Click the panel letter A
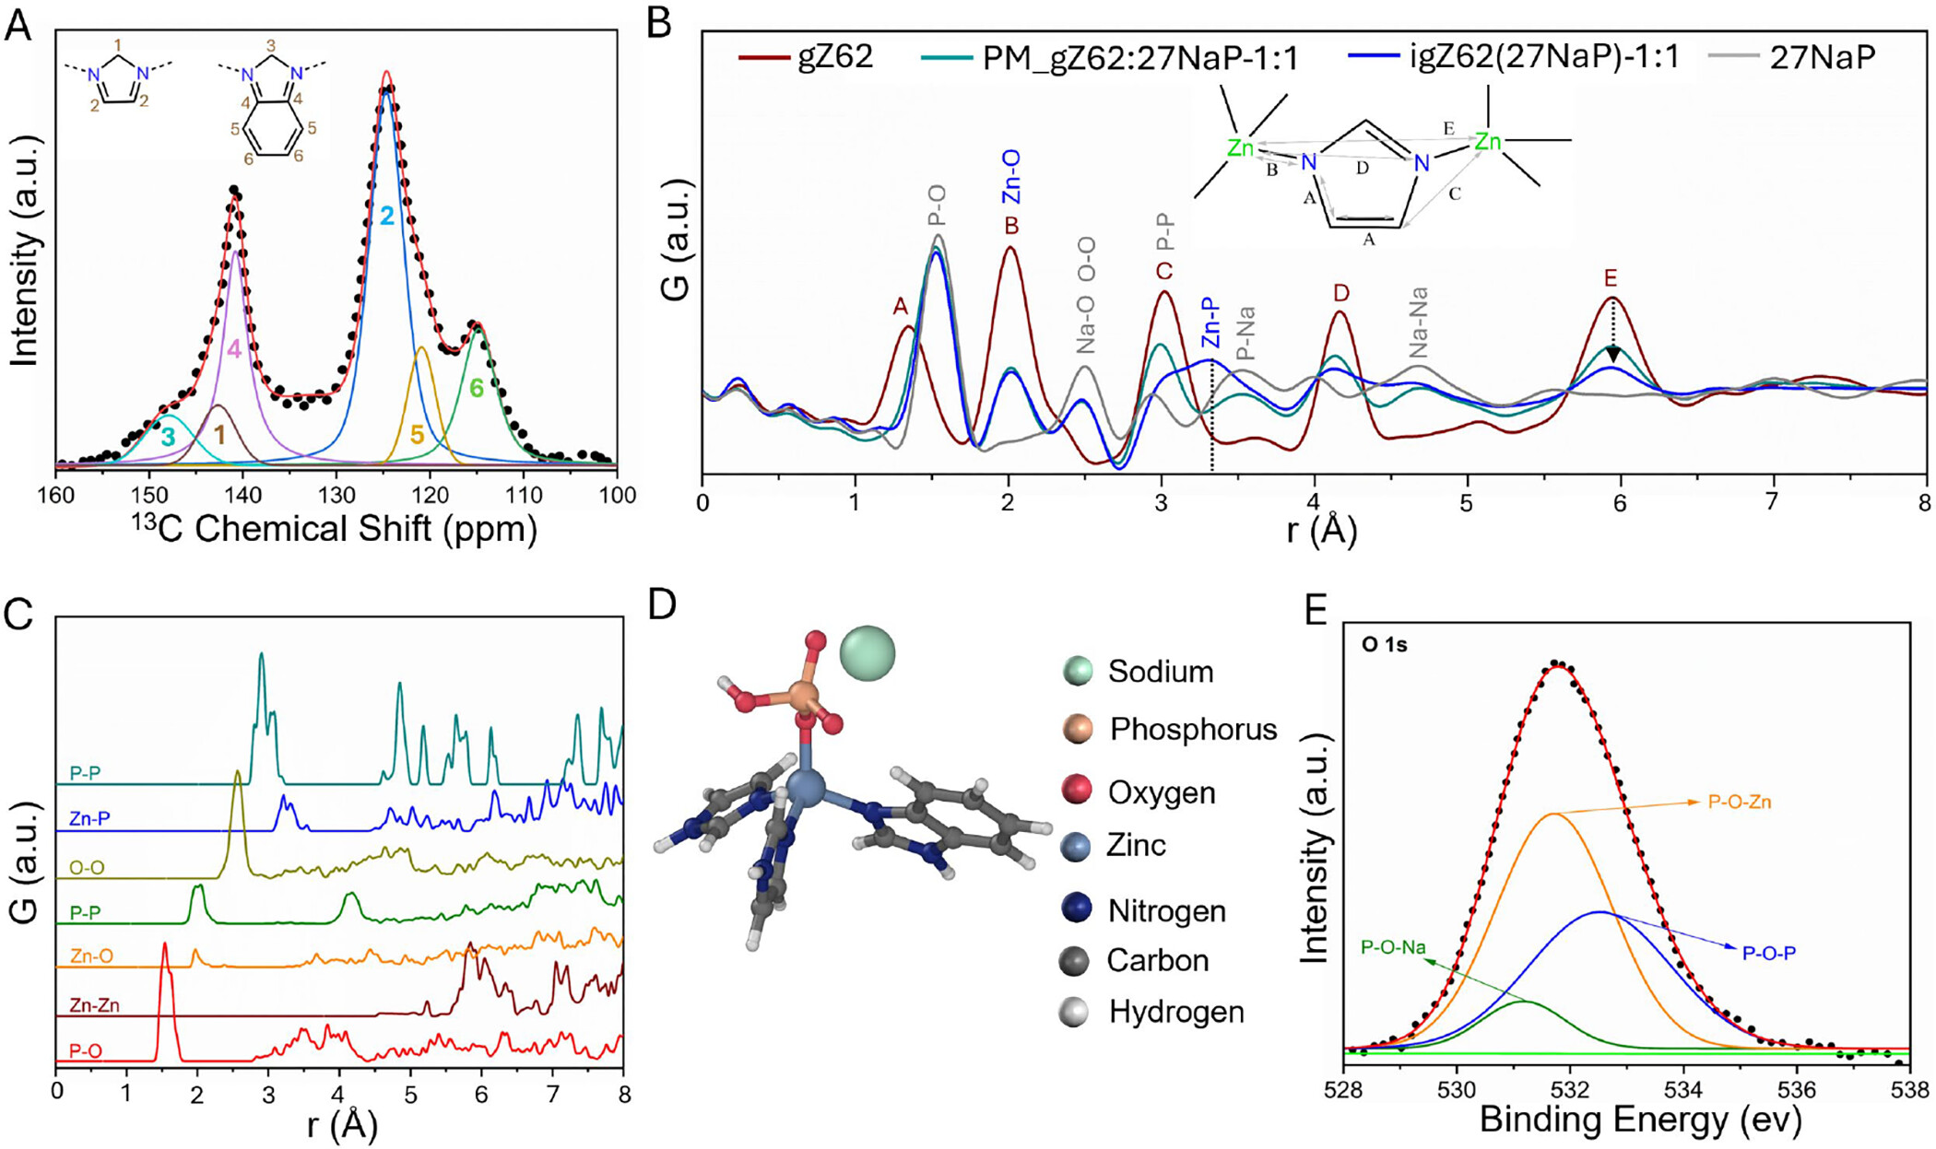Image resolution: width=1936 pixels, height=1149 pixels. point(18,25)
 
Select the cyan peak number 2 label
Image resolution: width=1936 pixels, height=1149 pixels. point(387,217)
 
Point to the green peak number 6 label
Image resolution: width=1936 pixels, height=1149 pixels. point(477,389)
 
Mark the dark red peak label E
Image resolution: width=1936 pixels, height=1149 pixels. point(1611,278)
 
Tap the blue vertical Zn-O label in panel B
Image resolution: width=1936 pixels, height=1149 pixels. point(1011,177)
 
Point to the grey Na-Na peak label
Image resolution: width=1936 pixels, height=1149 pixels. point(1419,322)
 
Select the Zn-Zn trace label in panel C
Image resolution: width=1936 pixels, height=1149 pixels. point(95,1005)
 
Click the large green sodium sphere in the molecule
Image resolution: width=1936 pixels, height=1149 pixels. point(868,653)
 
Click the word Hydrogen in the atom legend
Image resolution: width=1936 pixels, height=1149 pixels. point(1176,1012)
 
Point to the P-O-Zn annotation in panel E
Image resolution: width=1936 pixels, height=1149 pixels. point(1739,803)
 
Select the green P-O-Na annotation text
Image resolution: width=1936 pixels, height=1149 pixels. point(1393,947)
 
